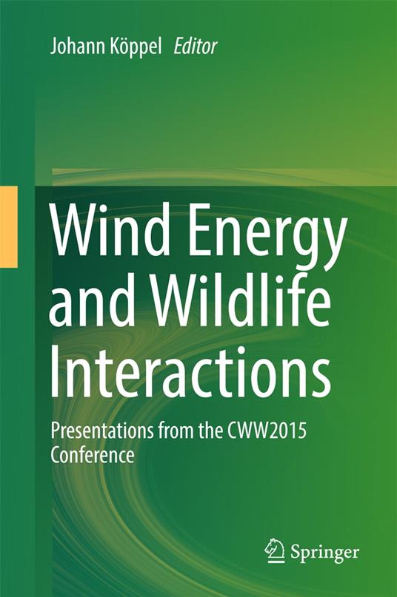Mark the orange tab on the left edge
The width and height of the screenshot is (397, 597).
pyautogui.click(x=8, y=226)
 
